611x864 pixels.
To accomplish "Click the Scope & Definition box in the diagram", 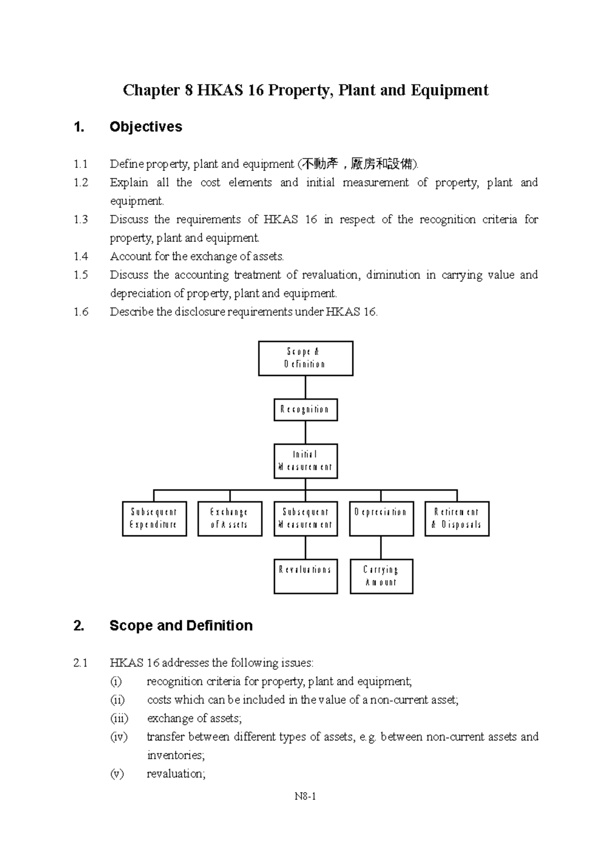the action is pyautogui.click(x=305, y=358).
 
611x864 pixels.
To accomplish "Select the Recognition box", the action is pyautogui.click(x=305, y=410).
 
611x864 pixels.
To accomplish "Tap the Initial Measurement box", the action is pyautogui.click(x=305, y=461).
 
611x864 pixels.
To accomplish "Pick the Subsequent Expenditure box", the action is pyautogui.click(x=154, y=519).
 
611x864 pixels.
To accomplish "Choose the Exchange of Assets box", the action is pyautogui.click(x=230, y=519).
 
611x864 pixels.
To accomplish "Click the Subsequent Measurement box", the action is pyautogui.click(x=305, y=519).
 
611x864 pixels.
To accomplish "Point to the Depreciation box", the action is pyautogui.click(x=381, y=519).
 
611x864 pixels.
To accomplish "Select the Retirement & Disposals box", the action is pyautogui.click(x=457, y=519).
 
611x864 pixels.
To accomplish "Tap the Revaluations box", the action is pyautogui.click(x=305, y=576).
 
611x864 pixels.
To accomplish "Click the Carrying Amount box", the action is pyautogui.click(x=381, y=576).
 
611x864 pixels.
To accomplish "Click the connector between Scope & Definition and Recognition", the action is pyautogui.click(x=305, y=387).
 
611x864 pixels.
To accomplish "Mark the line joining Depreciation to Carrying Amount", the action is pyautogui.click(x=381, y=548).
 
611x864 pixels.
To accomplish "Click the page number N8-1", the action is pyautogui.click(x=305, y=796).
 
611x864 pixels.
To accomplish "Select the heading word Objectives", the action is pyautogui.click(x=146, y=127).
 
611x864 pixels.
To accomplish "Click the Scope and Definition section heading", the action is pyautogui.click(x=181, y=625).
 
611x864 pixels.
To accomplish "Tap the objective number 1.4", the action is pyautogui.click(x=81, y=256).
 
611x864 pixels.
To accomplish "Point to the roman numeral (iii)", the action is pyautogui.click(x=119, y=718).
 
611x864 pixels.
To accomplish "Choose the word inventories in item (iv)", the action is pyautogui.click(x=176, y=755).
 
